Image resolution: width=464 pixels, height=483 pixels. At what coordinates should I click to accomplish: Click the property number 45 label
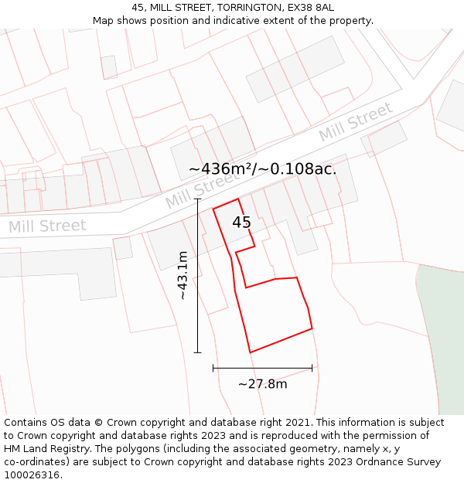tap(241, 223)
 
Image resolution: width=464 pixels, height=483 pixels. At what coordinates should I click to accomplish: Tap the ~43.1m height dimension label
tap(183, 276)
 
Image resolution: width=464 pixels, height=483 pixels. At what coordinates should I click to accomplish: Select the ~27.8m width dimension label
tap(262, 383)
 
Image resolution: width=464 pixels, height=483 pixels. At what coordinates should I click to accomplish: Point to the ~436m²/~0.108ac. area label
tap(263, 168)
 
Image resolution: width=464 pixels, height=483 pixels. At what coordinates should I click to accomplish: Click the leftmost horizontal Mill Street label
tap(47, 226)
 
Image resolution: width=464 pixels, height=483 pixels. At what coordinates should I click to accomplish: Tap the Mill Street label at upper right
tap(356, 122)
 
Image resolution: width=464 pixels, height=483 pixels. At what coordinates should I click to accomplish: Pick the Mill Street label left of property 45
tap(203, 189)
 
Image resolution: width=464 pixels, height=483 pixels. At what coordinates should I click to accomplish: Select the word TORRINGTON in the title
tap(249, 7)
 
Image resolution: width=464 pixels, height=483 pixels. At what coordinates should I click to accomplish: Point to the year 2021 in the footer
tap(297, 423)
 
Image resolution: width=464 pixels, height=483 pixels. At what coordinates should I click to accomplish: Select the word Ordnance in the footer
tap(365, 462)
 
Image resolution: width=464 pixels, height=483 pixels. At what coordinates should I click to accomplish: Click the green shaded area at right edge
tap(442, 340)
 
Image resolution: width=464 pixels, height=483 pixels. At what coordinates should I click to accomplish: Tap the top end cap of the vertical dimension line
tap(197, 199)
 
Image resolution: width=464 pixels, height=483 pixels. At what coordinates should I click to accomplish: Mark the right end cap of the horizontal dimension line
tap(312, 369)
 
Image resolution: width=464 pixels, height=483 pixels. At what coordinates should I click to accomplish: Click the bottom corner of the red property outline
tap(251, 352)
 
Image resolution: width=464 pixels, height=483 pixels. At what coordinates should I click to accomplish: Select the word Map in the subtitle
tap(104, 20)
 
